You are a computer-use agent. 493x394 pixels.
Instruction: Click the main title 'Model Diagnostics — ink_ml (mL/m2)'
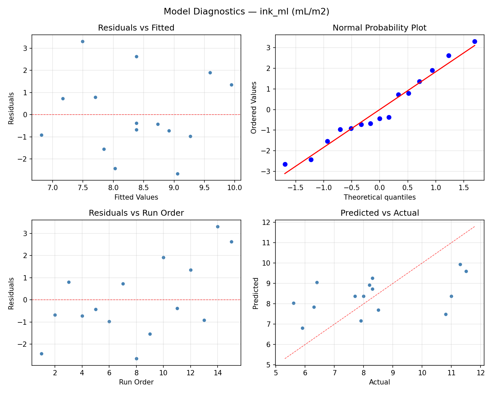point(246,12)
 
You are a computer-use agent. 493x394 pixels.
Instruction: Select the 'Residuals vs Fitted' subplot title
point(136,28)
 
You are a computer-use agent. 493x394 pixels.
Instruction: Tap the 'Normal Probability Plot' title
point(379,28)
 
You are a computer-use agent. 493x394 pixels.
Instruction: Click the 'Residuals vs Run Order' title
point(136,213)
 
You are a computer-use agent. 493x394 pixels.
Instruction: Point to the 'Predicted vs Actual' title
point(379,213)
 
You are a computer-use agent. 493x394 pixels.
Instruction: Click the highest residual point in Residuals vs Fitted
point(82,41)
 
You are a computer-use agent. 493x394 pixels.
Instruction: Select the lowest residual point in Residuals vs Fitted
point(177,174)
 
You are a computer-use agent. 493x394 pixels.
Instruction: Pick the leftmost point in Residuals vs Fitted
point(41,135)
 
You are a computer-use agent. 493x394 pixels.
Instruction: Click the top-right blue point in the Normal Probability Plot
point(475,41)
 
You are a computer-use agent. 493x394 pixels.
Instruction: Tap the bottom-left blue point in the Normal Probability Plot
point(285,164)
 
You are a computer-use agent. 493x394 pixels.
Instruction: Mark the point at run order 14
point(218,227)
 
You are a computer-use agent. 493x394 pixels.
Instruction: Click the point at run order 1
point(41,354)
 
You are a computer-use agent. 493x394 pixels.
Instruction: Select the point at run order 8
point(136,359)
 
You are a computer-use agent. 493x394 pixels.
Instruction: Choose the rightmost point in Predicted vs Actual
point(466,271)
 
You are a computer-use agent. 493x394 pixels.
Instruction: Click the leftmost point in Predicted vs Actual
point(293,303)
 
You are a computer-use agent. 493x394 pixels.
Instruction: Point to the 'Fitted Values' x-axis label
point(136,197)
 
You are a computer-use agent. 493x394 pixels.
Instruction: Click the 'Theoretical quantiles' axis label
point(379,197)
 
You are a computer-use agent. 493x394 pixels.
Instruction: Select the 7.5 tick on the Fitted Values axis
point(82,188)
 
